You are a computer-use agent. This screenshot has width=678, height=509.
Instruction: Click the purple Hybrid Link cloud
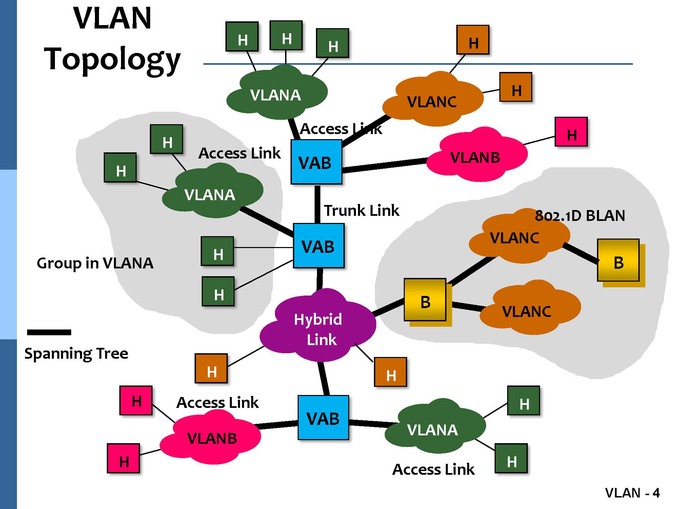point(318,327)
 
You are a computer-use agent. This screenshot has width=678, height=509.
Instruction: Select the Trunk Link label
point(361,210)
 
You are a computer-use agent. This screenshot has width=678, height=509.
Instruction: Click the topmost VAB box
point(316,162)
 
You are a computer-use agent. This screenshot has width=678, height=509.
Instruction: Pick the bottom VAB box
point(323,418)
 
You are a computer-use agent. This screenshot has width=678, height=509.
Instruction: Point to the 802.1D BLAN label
point(580,216)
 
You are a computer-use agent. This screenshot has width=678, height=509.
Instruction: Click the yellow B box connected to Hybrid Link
point(425,300)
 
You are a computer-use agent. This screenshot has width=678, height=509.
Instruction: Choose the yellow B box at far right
point(618,260)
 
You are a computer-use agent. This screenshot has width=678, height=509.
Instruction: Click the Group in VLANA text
point(95,263)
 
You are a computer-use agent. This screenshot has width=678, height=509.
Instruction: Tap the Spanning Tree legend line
point(49,332)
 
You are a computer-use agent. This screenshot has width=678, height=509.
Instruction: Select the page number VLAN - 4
point(632,493)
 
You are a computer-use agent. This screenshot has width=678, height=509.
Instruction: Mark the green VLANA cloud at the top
point(276,93)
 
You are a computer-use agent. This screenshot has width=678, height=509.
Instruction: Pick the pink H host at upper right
point(571,132)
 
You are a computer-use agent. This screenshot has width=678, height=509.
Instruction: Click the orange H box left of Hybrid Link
point(211,369)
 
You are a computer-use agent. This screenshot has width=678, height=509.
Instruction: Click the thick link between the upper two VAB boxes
point(317,204)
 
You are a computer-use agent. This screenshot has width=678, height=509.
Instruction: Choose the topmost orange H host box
point(473,40)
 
